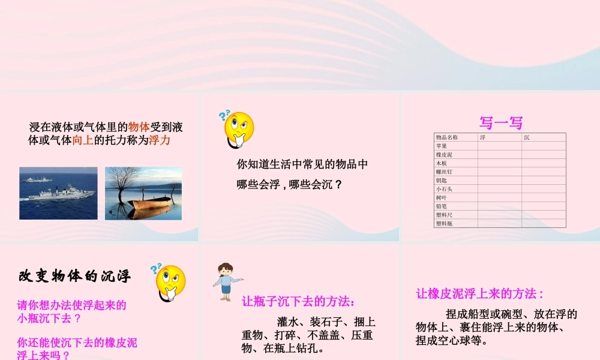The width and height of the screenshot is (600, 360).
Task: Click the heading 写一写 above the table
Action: coord(501,123)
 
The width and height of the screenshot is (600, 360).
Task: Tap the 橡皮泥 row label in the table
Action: coord(443,154)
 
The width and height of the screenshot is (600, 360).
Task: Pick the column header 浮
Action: coord(482,137)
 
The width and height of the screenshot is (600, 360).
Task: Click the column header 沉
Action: coord(526,137)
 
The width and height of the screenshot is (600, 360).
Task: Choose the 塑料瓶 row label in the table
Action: coord(443,223)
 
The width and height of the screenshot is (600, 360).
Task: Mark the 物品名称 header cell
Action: coord(446,137)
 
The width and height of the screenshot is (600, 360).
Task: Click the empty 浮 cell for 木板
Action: coord(499,163)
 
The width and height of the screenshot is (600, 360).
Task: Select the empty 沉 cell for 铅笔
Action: coord(544,206)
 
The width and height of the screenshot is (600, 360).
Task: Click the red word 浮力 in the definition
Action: coord(160,141)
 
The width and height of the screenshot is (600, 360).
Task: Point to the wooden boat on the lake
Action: coord(150,205)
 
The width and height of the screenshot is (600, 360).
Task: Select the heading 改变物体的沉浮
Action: coord(75,277)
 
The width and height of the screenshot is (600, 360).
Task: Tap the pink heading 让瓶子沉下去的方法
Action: coord(298,301)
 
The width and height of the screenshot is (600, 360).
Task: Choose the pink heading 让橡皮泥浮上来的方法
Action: coord(479,293)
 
